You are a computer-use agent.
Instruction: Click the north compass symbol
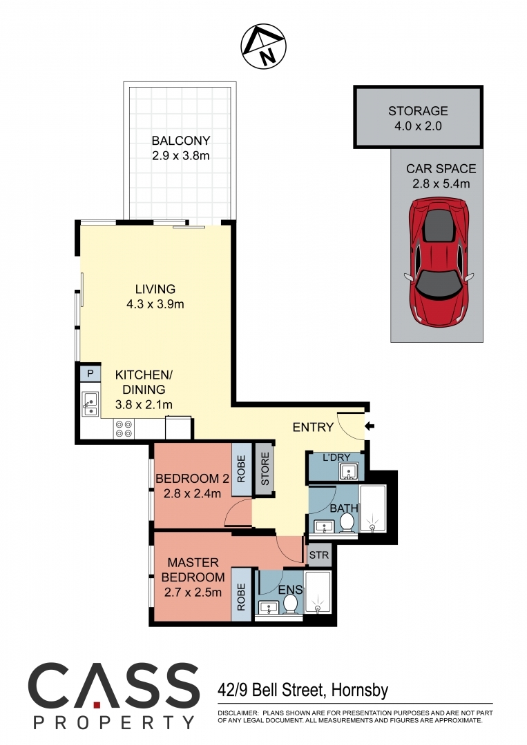(x=263, y=46)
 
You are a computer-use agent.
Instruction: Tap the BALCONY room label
(x=181, y=141)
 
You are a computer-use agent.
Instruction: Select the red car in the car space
(x=439, y=262)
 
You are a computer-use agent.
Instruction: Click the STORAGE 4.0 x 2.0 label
(x=418, y=119)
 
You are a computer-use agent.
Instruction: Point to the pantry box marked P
(x=90, y=374)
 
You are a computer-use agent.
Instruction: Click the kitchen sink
(x=90, y=404)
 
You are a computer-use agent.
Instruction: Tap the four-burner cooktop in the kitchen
(x=124, y=429)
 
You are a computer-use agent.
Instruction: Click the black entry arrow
(x=370, y=426)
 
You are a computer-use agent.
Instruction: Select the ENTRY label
(x=313, y=428)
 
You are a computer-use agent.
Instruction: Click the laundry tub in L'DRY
(x=348, y=473)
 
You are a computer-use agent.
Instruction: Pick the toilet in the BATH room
(x=347, y=523)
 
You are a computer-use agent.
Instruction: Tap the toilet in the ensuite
(x=290, y=604)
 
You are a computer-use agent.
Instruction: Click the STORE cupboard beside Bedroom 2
(x=265, y=469)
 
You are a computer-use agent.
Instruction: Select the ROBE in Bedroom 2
(x=241, y=470)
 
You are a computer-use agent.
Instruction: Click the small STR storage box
(x=319, y=555)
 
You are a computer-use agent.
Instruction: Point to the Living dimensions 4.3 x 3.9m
(x=155, y=304)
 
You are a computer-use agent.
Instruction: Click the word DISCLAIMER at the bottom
(x=238, y=713)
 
